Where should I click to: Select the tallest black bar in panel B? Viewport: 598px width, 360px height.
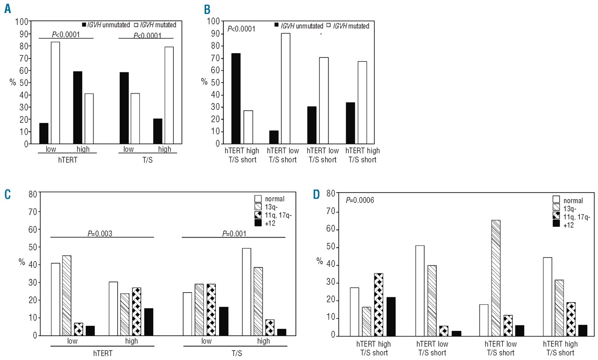[x=235, y=98]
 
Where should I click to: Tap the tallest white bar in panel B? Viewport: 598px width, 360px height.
[x=285, y=88]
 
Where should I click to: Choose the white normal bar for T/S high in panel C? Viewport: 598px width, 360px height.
[x=246, y=292]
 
